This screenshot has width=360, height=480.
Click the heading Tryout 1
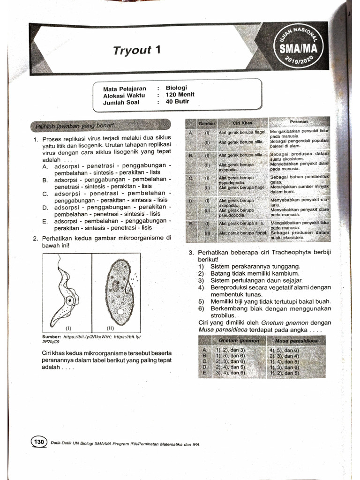[x=136, y=50]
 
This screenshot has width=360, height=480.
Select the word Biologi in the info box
[x=176, y=88]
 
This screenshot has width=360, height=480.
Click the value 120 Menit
[x=180, y=95]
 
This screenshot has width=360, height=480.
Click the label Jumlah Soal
[x=121, y=102]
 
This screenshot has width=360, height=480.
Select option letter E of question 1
[x=45, y=221]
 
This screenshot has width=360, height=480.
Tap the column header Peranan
[x=299, y=122]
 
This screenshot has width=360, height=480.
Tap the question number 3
[x=191, y=253]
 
